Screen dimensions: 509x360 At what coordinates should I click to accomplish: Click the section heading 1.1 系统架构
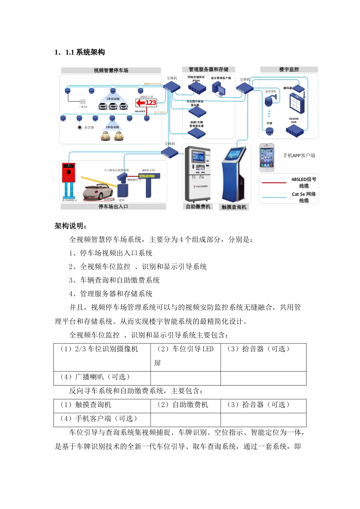coord(80,52)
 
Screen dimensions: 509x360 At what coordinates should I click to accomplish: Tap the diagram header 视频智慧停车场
coord(111,70)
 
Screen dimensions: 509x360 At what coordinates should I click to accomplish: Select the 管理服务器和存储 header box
coord(208,69)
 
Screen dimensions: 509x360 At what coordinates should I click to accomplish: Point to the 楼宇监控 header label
coord(289,69)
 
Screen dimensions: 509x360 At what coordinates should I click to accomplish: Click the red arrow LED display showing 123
coord(146,103)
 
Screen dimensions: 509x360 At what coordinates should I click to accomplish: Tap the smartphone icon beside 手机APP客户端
coord(267,158)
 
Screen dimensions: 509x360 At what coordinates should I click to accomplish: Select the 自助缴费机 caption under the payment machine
coord(198,207)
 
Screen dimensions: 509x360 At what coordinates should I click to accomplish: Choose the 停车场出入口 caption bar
coord(113,207)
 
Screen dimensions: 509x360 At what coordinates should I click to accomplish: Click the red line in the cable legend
coord(274,183)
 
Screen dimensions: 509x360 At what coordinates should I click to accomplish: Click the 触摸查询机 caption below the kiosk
coord(234,207)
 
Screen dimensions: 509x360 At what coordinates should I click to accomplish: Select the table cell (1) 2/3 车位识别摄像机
coord(99,349)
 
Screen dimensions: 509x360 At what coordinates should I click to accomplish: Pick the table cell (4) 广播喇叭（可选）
coord(95,377)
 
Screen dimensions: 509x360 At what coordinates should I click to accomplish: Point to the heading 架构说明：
coord(71,226)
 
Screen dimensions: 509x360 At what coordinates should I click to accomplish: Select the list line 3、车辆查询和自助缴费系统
coord(114,280)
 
